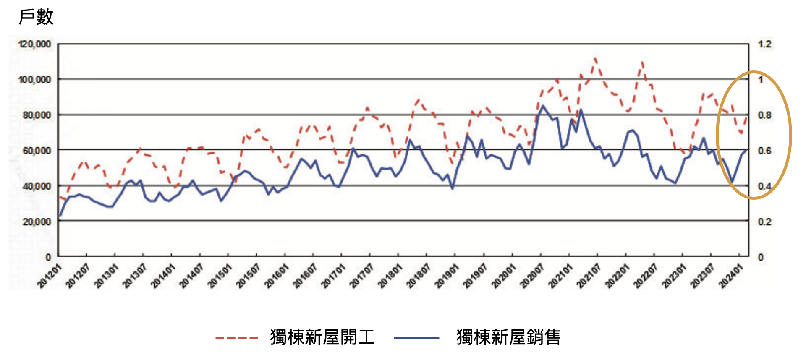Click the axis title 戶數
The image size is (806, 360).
click(36, 17)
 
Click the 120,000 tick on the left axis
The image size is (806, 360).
click(34, 44)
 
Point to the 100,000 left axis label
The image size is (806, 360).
click(34, 79)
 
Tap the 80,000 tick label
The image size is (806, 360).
click(37, 115)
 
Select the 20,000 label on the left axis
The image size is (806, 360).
click(37, 222)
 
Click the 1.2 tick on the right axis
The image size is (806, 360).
click(764, 44)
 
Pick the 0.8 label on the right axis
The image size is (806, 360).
click(764, 115)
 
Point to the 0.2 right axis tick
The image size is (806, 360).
click(764, 222)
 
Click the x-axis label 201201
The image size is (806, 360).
click(50, 276)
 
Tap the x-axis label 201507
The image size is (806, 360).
click(248, 276)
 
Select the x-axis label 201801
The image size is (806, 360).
click(390, 276)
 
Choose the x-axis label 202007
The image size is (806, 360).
click(532, 276)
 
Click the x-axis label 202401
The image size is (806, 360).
click(731, 276)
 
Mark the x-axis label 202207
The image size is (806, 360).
click(645, 276)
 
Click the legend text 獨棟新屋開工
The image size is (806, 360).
click(322, 337)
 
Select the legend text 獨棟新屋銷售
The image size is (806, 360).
click(508, 337)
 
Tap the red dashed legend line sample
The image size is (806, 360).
click(236, 338)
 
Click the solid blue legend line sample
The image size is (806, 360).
click(416, 338)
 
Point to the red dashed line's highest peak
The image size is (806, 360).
click(595, 58)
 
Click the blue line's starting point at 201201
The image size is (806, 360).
click(60, 216)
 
